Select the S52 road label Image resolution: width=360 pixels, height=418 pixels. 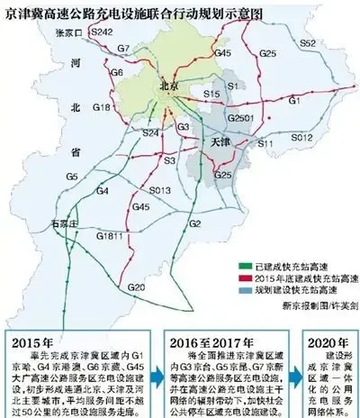tap(307, 43)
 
